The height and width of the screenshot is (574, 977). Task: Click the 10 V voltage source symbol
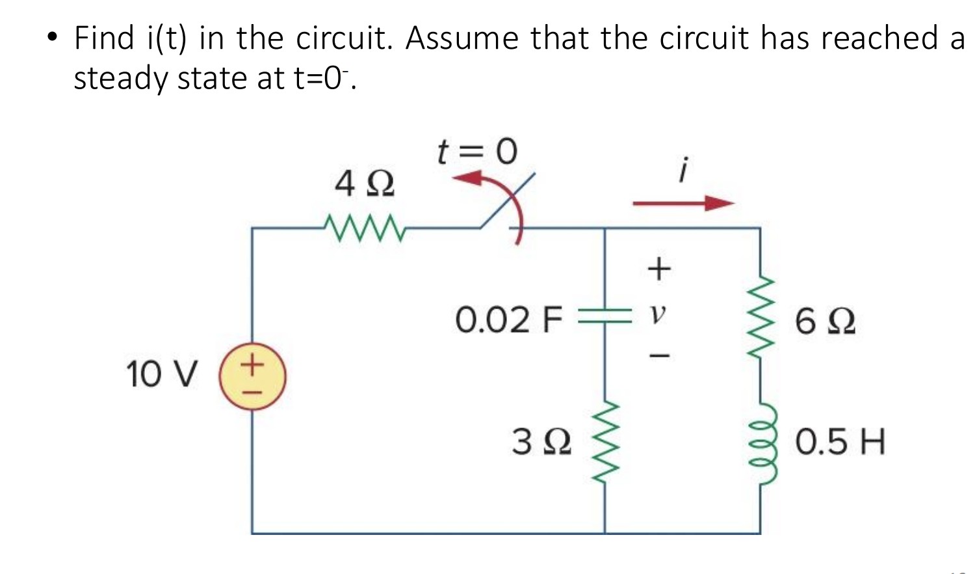[x=252, y=377]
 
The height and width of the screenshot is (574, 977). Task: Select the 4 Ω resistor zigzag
[x=363, y=228]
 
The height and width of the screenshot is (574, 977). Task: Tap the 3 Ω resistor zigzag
[x=605, y=443]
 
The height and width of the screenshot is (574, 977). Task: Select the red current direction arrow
[x=683, y=204]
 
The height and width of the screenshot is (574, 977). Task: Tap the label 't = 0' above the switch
[x=477, y=152]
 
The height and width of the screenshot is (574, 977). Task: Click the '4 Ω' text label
[x=364, y=184]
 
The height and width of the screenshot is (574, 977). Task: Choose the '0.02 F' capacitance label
[x=508, y=320]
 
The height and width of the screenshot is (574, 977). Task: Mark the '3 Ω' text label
[x=541, y=442]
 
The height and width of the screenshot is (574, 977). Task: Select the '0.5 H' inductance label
[x=840, y=442]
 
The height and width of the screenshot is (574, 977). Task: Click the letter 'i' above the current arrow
[x=682, y=170]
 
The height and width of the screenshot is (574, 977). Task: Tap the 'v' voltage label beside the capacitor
[x=658, y=315]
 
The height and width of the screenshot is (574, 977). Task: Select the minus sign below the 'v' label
[x=659, y=355]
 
